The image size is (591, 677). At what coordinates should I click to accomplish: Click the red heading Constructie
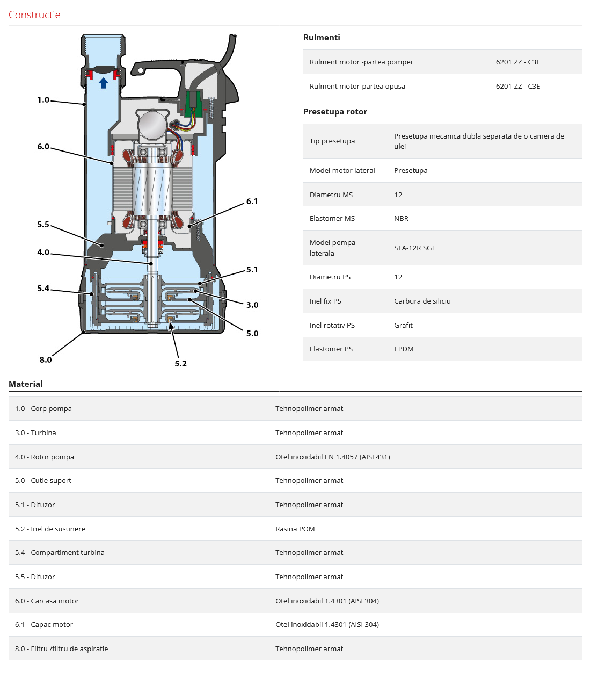[34, 15]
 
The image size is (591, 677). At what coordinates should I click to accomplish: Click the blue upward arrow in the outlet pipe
[104, 83]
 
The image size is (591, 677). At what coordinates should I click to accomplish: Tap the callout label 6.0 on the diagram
[43, 147]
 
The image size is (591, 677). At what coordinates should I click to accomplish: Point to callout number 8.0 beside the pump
[46, 360]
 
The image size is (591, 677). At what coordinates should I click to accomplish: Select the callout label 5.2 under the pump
[180, 364]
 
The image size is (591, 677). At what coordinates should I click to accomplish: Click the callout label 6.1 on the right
[252, 201]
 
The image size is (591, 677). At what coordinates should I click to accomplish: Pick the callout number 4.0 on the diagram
[43, 253]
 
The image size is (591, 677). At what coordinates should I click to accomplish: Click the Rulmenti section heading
[322, 38]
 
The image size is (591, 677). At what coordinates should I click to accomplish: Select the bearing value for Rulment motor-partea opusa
[517, 87]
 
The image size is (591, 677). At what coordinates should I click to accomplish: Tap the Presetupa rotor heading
[335, 112]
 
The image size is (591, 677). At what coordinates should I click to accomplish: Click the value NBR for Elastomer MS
[401, 219]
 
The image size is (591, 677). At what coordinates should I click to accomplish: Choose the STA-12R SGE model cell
[414, 248]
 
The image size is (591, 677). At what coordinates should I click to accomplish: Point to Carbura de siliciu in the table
[422, 301]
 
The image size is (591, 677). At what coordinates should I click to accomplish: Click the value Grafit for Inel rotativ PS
[403, 326]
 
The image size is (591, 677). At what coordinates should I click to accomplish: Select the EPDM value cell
[404, 349]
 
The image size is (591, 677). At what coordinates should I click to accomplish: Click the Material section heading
[26, 384]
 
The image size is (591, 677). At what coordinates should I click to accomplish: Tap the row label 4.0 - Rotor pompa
[45, 457]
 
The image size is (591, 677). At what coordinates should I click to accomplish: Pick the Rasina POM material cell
[295, 529]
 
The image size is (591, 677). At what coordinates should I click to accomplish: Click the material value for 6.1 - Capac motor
[327, 625]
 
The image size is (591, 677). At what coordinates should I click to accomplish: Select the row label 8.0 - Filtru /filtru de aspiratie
[62, 649]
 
